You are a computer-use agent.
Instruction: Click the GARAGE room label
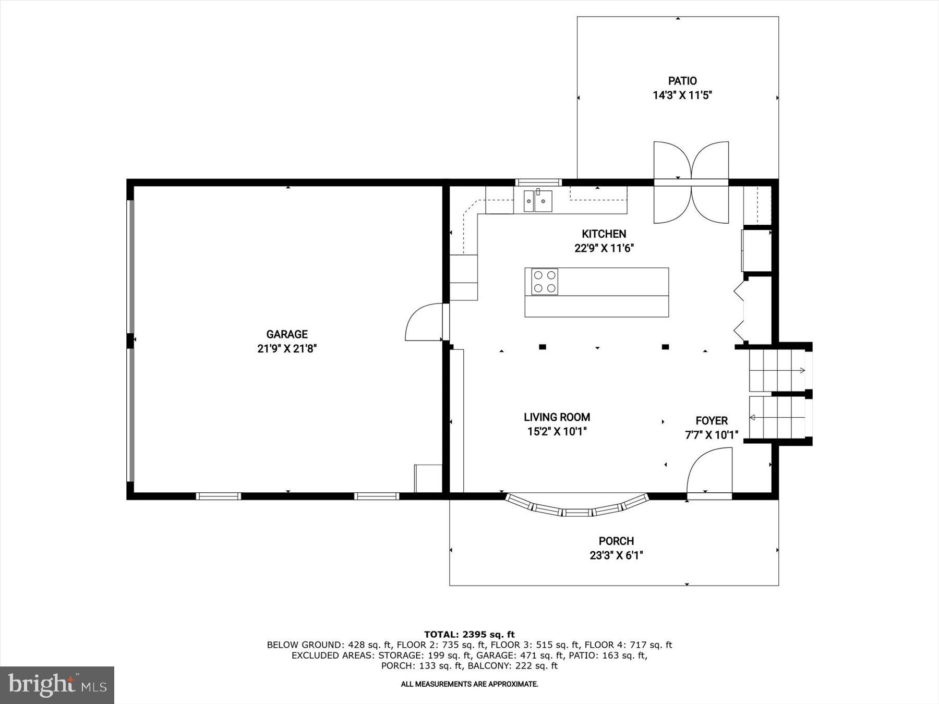click(287, 334)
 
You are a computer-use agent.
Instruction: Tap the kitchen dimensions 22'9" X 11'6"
click(604, 249)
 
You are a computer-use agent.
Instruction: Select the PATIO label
click(682, 81)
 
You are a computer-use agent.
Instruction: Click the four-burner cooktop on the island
click(545, 282)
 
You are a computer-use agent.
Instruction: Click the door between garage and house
click(424, 323)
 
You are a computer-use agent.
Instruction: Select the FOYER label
click(712, 421)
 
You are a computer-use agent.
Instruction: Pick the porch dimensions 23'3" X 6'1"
click(616, 556)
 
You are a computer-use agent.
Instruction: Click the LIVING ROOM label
click(557, 417)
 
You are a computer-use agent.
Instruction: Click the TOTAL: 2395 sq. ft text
click(469, 635)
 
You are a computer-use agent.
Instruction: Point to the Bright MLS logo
click(57, 685)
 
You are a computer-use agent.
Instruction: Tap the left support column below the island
click(543, 347)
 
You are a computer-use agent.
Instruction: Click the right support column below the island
click(665, 347)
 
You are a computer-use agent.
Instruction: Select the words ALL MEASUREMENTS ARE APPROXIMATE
click(469, 684)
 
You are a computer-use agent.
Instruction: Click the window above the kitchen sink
click(538, 183)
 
